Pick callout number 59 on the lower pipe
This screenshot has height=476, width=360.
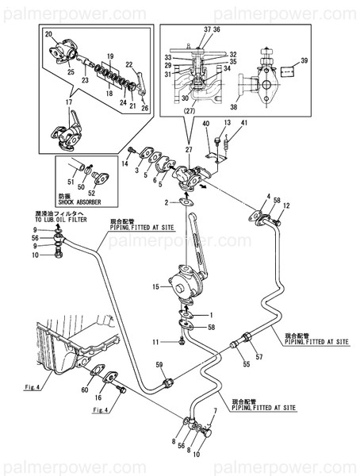159,365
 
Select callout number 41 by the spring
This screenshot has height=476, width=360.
244,123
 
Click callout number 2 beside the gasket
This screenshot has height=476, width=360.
167,203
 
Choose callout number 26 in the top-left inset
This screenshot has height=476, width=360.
144,108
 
